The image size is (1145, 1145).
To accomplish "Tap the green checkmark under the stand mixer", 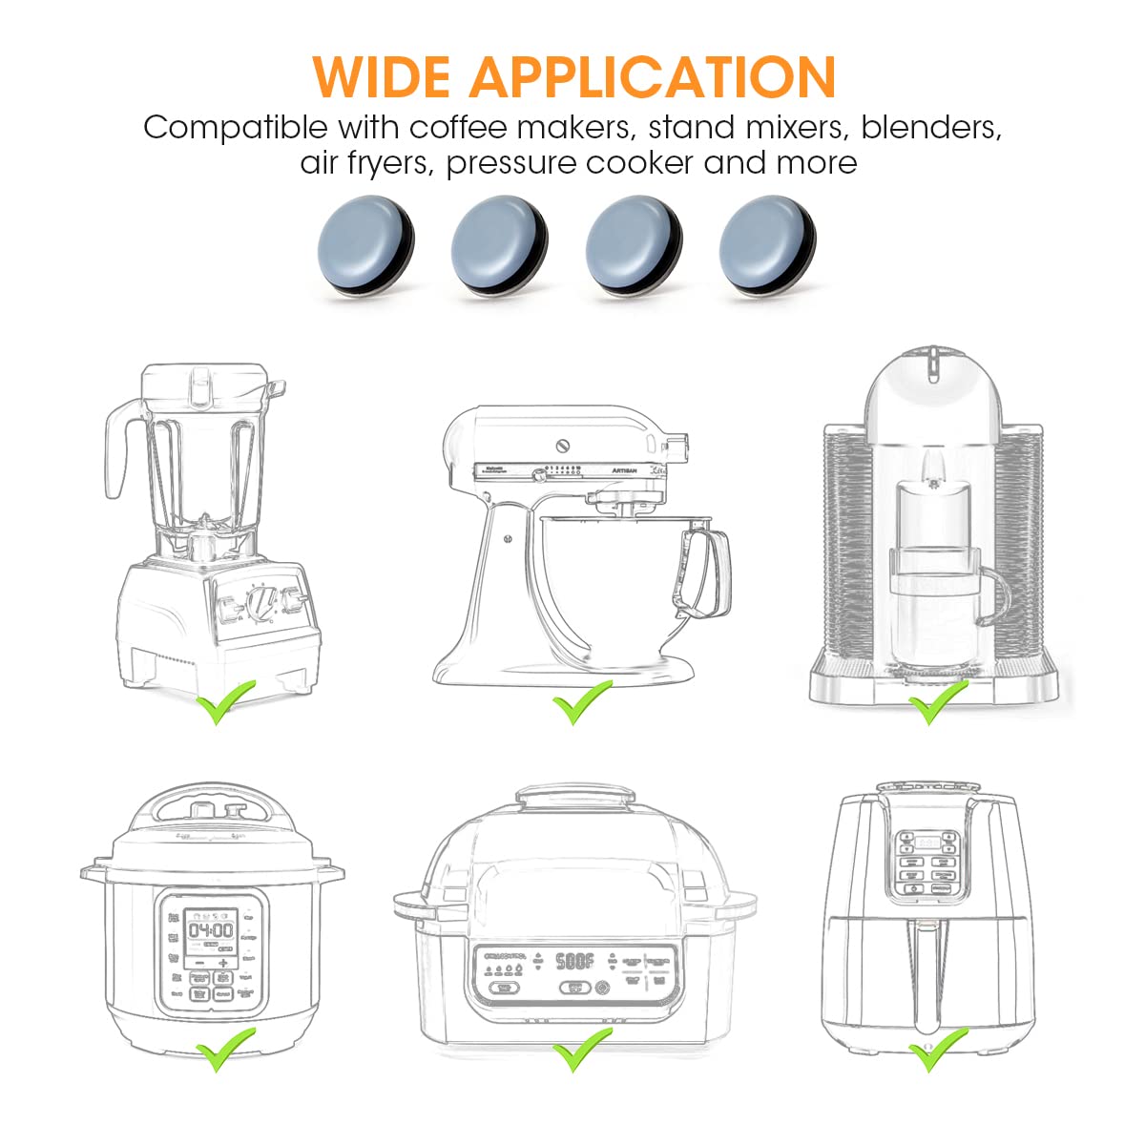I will click(582, 702).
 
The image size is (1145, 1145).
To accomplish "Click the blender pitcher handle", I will click(116, 449).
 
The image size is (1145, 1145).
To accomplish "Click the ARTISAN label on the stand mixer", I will click(624, 470).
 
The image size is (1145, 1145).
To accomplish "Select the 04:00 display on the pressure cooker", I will click(210, 929).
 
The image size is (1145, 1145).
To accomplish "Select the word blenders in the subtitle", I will click(930, 127).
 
